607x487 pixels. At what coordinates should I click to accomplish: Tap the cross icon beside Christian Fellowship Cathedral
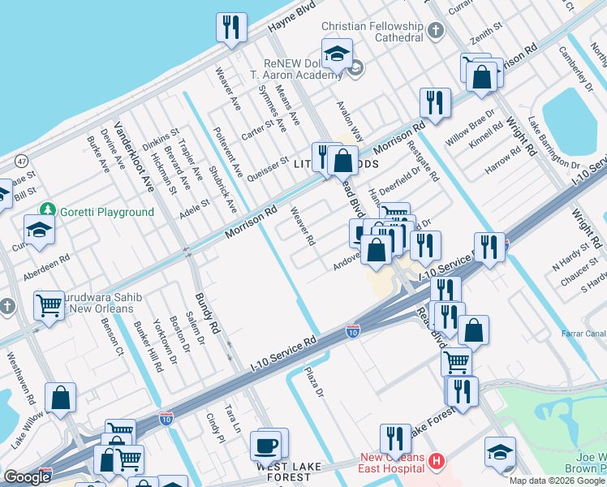(x=437, y=32)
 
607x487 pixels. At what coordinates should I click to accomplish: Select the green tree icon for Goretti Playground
(x=48, y=211)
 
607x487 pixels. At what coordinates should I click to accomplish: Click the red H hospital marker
(x=437, y=461)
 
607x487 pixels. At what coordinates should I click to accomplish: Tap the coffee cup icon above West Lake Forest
(x=266, y=445)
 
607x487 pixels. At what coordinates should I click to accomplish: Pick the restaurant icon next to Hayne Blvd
(x=231, y=28)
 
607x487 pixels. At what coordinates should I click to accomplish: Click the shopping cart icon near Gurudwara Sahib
(x=50, y=306)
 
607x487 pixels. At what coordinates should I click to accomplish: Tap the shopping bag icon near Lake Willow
(x=61, y=398)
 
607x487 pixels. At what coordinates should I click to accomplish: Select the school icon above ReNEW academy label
(x=337, y=54)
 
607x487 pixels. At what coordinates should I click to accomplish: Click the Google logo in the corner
(x=28, y=477)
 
